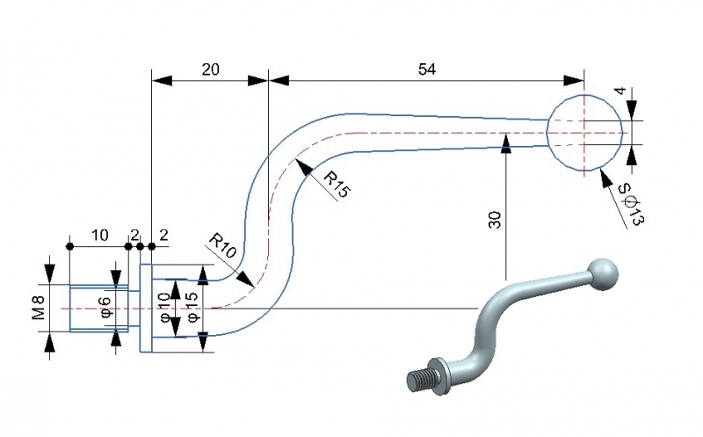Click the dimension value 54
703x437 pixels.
click(x=426, y=69)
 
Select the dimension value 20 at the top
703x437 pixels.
click(x=210, y=69)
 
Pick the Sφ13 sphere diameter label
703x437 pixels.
click(x=631, y=205)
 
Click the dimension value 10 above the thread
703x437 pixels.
click(x=99, y=235)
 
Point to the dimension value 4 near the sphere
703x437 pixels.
click(x=620, y=91)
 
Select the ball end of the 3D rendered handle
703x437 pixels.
click(x=603, y=273)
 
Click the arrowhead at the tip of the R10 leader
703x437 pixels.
click(x=250, y=283)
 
